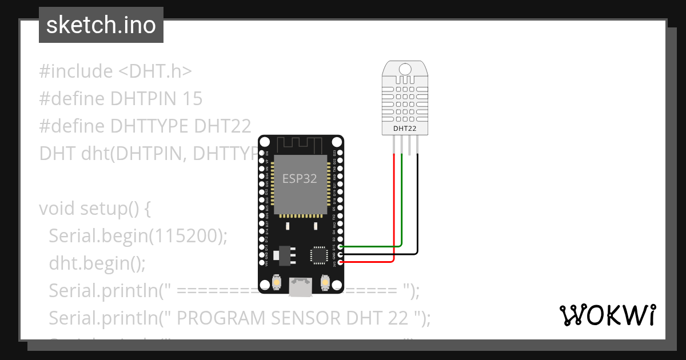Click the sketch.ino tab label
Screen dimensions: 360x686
coord(101,25)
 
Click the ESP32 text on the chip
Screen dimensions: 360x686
coord(300,178)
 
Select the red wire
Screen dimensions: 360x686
coord(394,217)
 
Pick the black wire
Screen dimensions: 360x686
coord(417,217)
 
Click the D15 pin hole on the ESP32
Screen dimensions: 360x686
coord(341,247)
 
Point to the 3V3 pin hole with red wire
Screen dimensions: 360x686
coord(341,262)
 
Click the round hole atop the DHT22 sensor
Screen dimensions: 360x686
coord(405,70)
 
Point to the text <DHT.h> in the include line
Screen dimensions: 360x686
coord(155,71)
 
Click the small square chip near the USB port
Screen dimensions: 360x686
coord(318,254)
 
